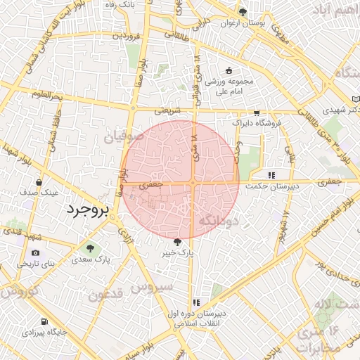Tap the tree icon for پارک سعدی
click(x=89, y=247)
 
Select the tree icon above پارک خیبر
click(x=176, y=242)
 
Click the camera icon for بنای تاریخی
click(x=36, y=253)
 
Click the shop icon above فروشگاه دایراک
click(x=257, y=112)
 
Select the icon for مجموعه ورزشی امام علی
click(x=229, y=70)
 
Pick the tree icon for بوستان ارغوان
click(x=243, y=12)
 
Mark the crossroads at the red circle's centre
click(x=193, y=183)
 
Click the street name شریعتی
click(x=167, y=110)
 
